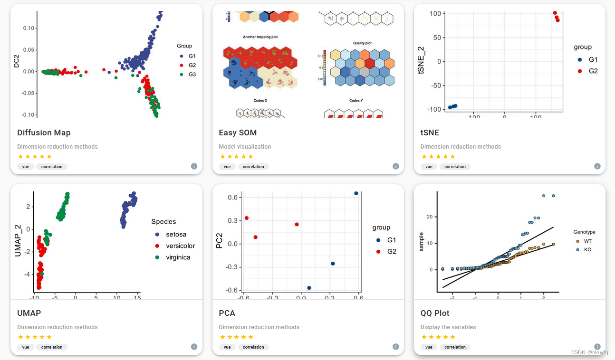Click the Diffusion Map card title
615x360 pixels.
(x=44, y=133)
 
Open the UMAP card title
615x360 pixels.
(x=29, y=313)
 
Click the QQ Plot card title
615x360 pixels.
(x=435, y=313)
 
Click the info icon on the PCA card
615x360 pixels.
(x=395, y=347)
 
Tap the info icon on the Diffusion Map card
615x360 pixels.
(x=194, y=166)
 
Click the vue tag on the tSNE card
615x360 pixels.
(x=429, y=167)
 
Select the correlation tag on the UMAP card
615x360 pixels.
(x=52, y=347)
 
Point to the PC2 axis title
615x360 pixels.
(x=219, y=240)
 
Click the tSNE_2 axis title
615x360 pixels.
(x=421, y=61)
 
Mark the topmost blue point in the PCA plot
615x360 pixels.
(x=356, y=193)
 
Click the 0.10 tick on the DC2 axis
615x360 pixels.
(x=28, y=28)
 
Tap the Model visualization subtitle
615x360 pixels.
(x=245, y=147)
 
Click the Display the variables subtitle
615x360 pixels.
(x=448, y=327)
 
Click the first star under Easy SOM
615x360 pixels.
(x=222, y=156)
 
